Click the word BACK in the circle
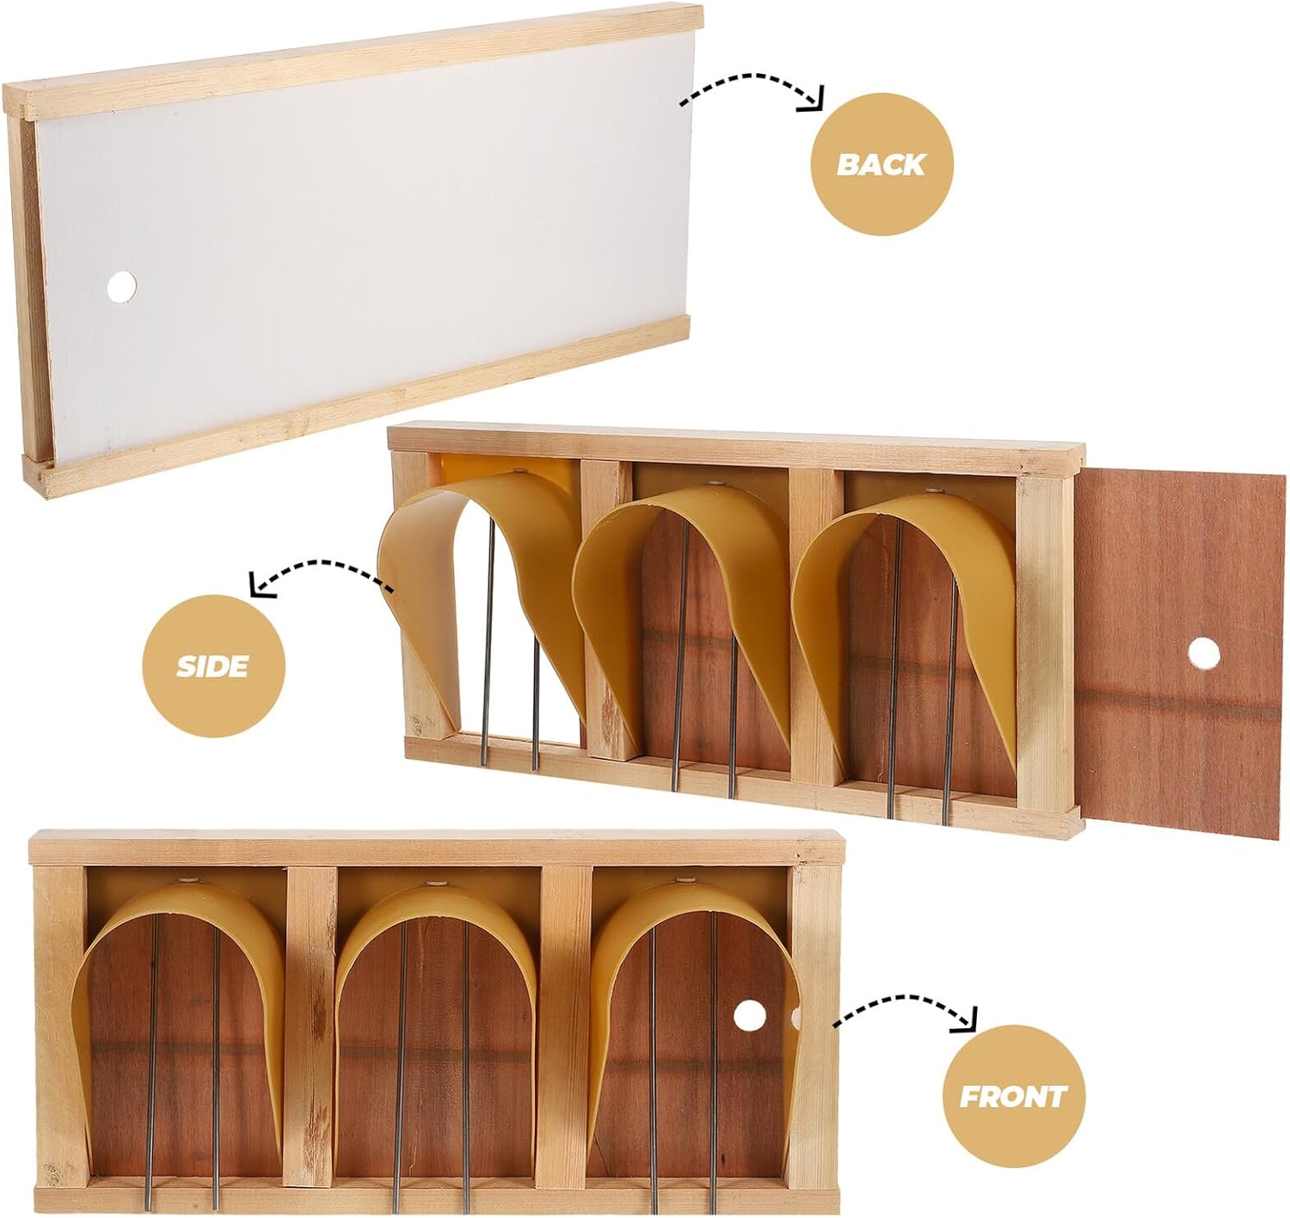click(x=881, y=163)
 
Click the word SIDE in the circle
click(x=212, y=666)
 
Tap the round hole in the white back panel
click(x=121, y=286)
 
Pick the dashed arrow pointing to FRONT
click(x=907, y=1008)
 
